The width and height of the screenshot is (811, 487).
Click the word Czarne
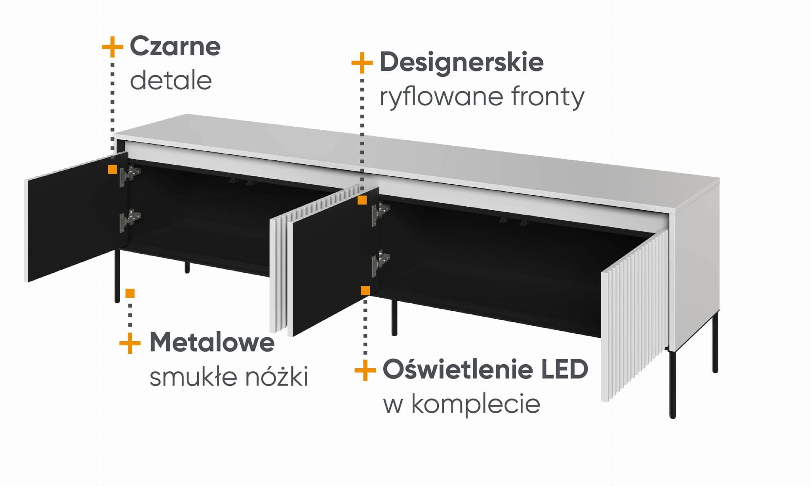pyautogui.click(x=175, y=46)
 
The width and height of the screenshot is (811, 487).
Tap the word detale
pyautogui.click(x=171, y=80)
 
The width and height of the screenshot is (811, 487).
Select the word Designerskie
pyautogui.click(x=461, y=62)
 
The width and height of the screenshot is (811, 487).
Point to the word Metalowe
pyautogui.click(x=212, y=342)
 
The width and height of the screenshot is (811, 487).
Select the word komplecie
pyautogui.click(x=476, y=404)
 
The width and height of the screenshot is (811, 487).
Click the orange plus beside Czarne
pyautogui.click(x=112, y=47)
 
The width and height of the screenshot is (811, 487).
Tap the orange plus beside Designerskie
pyautogui.click(x=362, y=63)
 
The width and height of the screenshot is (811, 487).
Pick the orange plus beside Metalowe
pyautogui.click(x=130, y=342)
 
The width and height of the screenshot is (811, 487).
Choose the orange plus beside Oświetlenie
pyautogui.click(x=365, y=370)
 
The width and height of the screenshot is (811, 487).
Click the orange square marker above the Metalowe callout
pyautogui.click(x=130, y=293)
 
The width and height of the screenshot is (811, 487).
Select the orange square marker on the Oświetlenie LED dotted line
pyautogui.click(x=365, y=291)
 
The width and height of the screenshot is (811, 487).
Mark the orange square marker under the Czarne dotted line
pyautogui.click(x=112, y=169)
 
